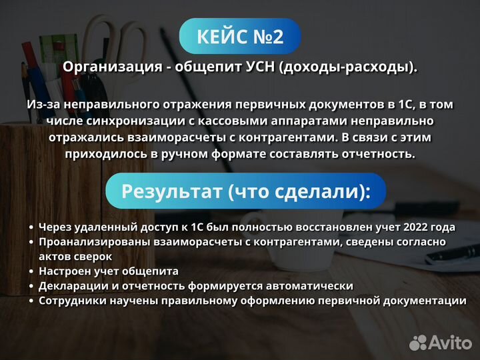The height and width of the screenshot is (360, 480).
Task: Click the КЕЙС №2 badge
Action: [x=240, y=36]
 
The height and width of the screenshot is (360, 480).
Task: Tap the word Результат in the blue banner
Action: [x=171, y=191]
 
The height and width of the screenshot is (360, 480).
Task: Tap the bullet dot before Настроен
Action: [x=31, y=271]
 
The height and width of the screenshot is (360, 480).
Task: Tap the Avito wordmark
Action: [x=449, y=343]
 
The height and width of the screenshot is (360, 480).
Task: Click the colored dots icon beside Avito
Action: [x=417, y=343]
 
